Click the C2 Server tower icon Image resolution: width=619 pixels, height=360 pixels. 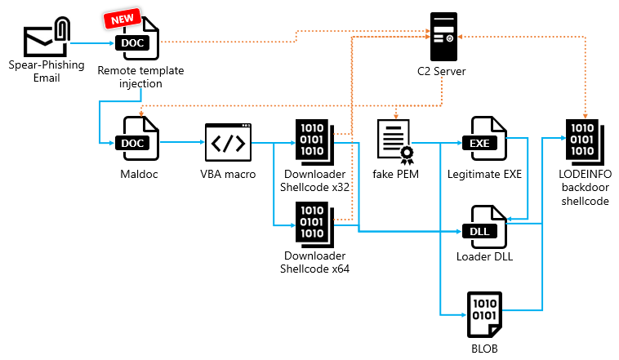tap(442, 37)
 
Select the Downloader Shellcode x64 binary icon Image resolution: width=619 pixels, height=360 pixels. tap(311, 221)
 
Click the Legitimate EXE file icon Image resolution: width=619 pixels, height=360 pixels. tap(483, 141)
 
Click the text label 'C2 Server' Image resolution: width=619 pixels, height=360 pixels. tap(441, 72)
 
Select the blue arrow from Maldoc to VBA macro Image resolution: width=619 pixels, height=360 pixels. tap(180, 142)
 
